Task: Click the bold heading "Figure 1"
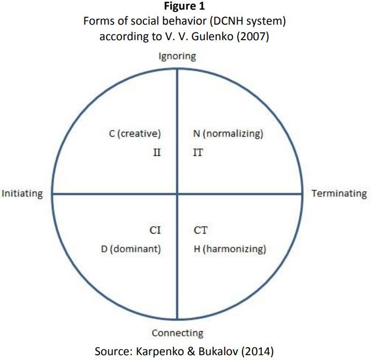tap(184, 6)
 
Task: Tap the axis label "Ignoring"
tap(177, 57)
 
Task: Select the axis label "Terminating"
tap(339, 194)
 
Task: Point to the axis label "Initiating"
tap(22, 194)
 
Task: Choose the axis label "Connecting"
tap(177, 333)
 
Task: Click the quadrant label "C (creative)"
tap(135, 133)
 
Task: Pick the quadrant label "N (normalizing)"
tap(228, 133)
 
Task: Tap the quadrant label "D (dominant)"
tap(131, 249)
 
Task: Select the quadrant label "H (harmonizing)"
tap(230, 249)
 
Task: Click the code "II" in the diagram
tap(157, 153)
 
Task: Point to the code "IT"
tap(198, 153)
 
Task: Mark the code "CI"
tap(155, 230)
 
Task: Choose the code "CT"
tap(201, 230)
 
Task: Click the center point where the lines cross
tap(177, 194)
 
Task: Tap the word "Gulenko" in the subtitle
tap(212, 37)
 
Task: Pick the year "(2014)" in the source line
tap(258, 351)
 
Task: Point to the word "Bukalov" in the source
tap(218, 351)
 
